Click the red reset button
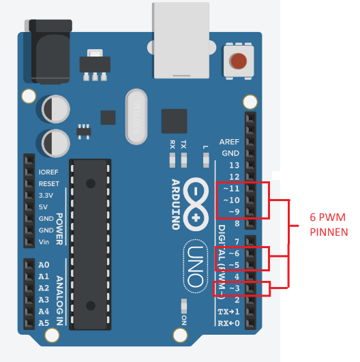(238, 61)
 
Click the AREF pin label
(229, 142)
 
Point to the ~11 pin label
(231, 188)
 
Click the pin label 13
(234, 165)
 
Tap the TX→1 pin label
(229, 312)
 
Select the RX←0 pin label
(229, 323)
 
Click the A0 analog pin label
(44, 265)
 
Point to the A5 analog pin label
(44, 323)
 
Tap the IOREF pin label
(49, 172)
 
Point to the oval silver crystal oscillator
(137, 117)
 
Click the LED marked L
(205, 160)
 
